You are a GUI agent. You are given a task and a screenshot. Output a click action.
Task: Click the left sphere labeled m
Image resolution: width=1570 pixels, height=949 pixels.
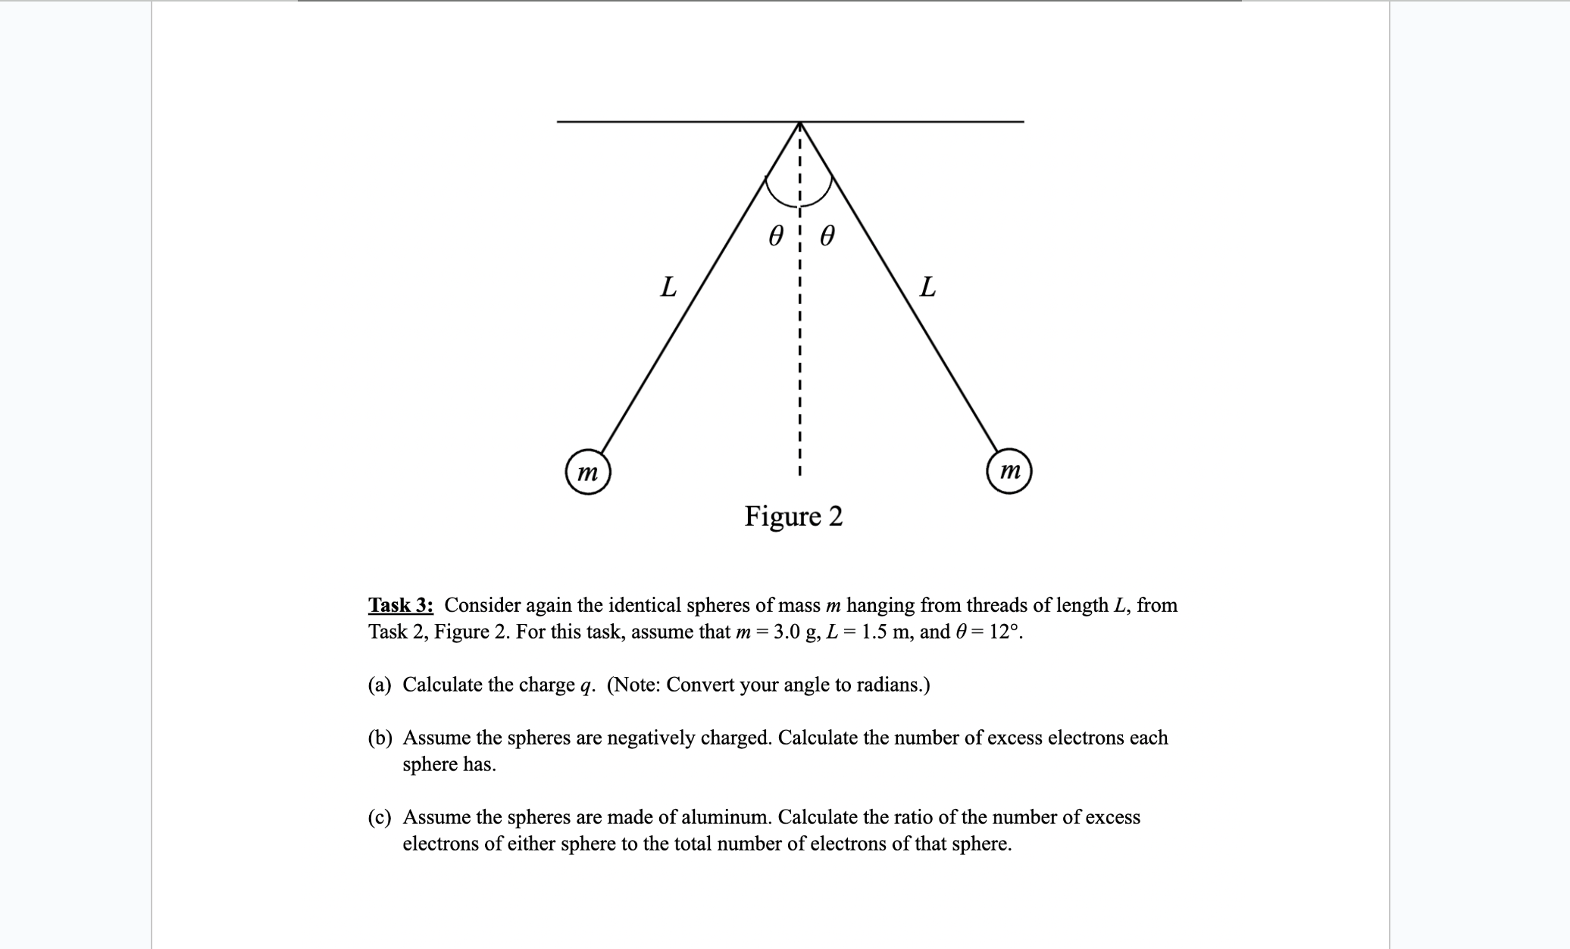pos(588,473)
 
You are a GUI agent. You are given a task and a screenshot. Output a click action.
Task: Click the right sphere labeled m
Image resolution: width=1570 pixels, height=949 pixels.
pos(1009,472)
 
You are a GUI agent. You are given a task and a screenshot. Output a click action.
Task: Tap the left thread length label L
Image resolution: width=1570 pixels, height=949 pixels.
pos(668,287)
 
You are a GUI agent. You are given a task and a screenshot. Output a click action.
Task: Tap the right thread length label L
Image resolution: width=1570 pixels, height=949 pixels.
pos(927,287)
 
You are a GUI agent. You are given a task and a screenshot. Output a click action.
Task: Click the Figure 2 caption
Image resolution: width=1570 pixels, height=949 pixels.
pos(793,517)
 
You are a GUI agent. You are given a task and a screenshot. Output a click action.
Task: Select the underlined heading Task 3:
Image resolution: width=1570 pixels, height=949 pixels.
pos(401,605)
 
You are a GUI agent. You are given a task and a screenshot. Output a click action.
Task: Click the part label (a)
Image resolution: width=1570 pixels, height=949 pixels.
pos(380,685)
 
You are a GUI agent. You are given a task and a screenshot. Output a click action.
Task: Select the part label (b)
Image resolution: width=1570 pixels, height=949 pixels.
pos(380,738)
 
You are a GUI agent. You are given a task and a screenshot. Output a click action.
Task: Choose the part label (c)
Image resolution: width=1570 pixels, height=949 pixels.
pos(380,817)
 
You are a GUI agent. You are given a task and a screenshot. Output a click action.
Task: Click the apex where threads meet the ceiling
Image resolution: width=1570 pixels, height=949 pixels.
pos(800,123)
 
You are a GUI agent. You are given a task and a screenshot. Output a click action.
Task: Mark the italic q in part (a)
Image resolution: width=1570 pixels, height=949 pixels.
pos(585,686)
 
